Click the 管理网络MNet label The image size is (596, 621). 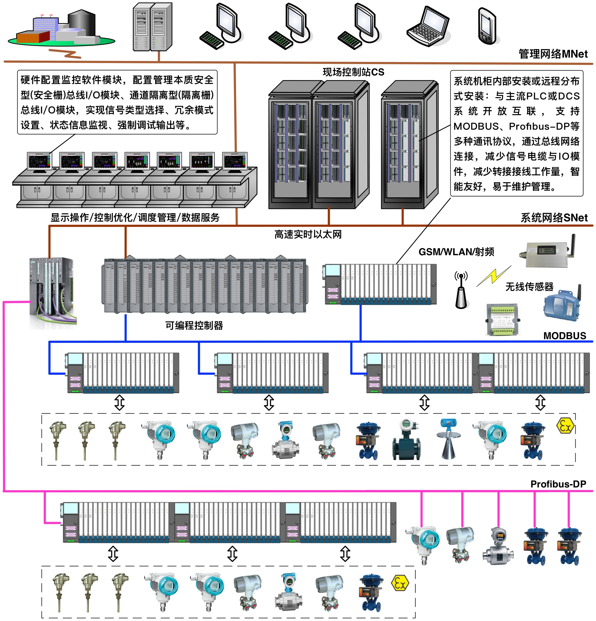point(553,54)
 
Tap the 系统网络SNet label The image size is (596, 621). point(554,218)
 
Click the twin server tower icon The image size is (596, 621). point(153,27)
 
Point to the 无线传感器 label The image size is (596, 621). point(529,287)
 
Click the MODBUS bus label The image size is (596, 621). point(565,336)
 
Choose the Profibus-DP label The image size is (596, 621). point(558,484)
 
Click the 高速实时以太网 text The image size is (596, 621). point(308,235)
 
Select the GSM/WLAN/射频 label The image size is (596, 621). point(456,252)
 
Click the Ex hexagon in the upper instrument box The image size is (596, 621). point(565,426)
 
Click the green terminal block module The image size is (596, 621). point(503,319)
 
